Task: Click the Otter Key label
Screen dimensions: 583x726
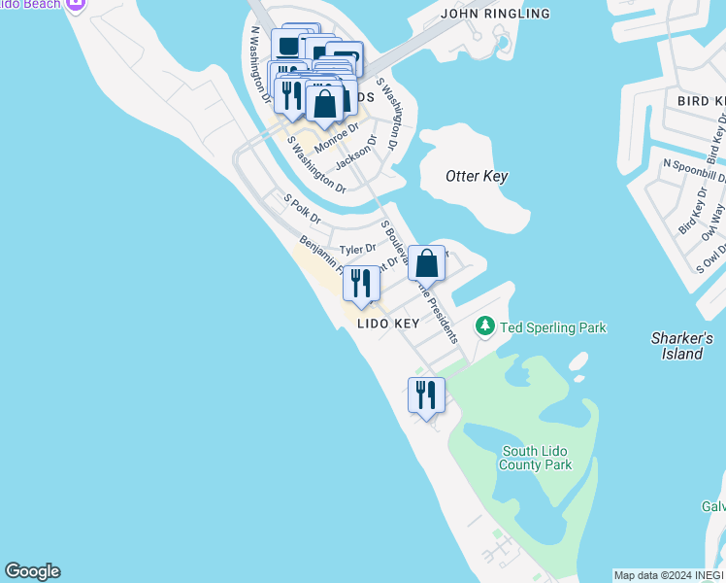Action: click(477, 176)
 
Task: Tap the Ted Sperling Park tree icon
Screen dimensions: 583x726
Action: click(485, 327)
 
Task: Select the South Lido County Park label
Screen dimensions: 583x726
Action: click(537, 458)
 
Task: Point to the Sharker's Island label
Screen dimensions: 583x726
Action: click(681, 346)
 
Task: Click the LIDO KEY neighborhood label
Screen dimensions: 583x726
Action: click(387, 324)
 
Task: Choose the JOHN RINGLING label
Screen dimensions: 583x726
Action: click(495, 14)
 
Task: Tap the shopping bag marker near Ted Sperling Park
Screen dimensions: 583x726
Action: click(426, 262)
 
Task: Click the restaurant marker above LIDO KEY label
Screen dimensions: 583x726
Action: click(361, 283)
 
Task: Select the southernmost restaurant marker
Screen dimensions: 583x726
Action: click(426, 394)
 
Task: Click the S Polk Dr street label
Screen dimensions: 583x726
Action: click(301, 210)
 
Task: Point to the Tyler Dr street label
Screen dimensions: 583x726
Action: click(357, 250)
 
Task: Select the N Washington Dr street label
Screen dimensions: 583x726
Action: click(258, 64)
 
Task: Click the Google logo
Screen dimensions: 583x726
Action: click(32, 571)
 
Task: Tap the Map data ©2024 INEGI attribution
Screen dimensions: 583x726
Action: click(669, 575)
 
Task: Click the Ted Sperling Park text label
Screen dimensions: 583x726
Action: click(553, 327)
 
